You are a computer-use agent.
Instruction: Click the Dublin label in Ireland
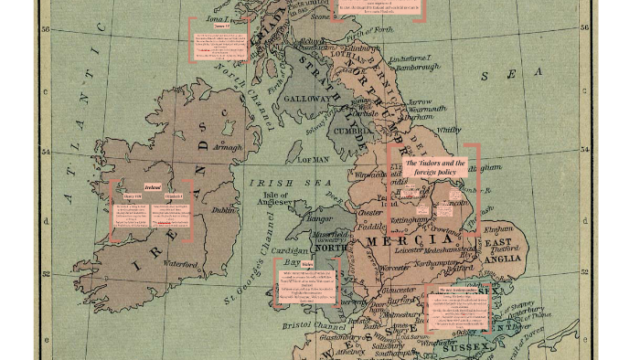223,210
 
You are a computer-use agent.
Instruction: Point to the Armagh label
227,145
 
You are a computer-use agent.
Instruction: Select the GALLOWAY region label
307,99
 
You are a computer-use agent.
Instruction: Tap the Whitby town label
449,131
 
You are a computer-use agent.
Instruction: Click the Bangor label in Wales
319,218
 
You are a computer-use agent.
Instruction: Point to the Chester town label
371,212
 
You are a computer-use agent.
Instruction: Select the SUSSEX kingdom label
467,347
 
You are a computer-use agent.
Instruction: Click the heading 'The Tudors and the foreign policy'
435,166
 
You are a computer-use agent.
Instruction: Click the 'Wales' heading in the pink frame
308,263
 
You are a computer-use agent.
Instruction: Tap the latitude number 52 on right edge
584,271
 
